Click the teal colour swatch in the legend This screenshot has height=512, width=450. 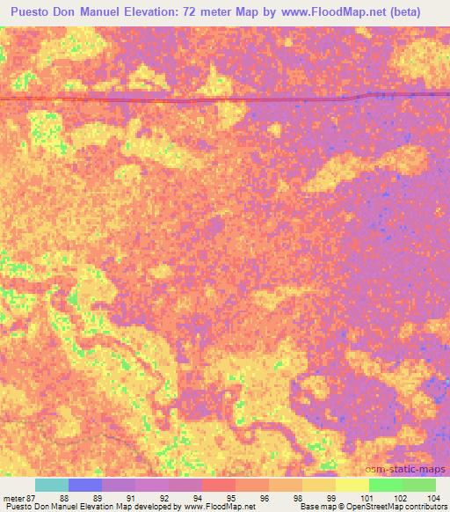(x=52, y=485)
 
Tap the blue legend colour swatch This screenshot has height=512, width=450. (x=85, y=485)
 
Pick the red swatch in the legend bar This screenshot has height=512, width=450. (x=219, y=485)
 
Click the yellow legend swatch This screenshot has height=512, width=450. (x=352, y=485)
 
